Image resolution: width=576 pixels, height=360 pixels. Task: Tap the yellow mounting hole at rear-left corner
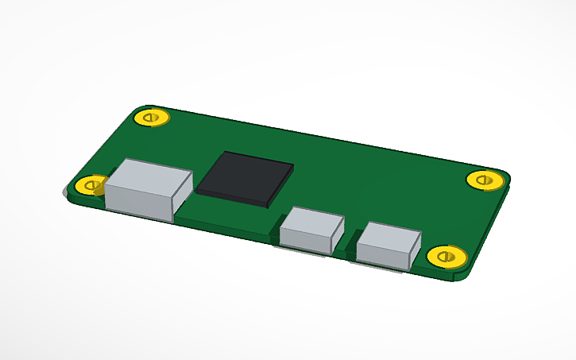pyautogui.click(x=152, y=118)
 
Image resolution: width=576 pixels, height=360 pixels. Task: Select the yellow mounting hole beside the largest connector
pyautogui.click(x=91, y=186)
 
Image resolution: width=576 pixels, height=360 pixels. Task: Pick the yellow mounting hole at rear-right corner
pyautogui.click(x=485, y=180)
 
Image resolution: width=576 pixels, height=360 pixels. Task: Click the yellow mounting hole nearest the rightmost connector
pyautogui.click(x=446, y=257)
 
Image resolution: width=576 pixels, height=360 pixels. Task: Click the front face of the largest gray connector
pyautogui.click(x=139, y=199)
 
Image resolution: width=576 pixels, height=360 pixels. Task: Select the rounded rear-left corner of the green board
pyautogui.click(x=135, y=109)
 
